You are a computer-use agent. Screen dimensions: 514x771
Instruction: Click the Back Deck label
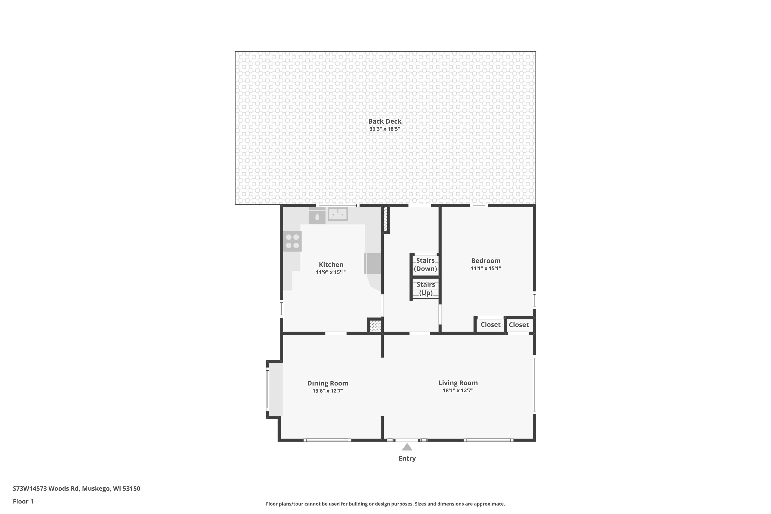coord(384,121)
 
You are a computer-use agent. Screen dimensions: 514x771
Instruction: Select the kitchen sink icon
coord(338,214)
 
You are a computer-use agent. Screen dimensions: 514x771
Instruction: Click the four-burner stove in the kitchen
coord(292,241)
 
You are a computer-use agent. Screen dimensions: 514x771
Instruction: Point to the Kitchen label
coord(331,264)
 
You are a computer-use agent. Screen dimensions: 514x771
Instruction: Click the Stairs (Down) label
coord(425,264)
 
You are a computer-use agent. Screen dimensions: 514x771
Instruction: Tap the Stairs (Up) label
coord(426,288)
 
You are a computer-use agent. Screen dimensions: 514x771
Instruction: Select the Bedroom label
coord(485,261)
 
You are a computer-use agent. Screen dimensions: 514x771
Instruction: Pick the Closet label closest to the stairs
coord(490,325)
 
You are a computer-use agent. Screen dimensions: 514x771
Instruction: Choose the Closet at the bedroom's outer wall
coord(519,325)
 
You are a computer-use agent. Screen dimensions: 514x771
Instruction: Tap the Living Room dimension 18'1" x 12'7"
coord(458,390)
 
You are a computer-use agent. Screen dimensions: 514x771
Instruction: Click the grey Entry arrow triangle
coord(407,447)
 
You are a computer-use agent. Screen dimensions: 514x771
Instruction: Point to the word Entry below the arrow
coord(407,458)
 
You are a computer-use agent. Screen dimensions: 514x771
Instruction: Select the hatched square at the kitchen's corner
coord(375,326)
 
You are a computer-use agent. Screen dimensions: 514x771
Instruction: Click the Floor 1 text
coord(23,501)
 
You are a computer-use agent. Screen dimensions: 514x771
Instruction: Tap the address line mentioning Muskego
coord(76,489)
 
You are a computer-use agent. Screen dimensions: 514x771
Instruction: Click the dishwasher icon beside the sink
coord(317,217)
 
